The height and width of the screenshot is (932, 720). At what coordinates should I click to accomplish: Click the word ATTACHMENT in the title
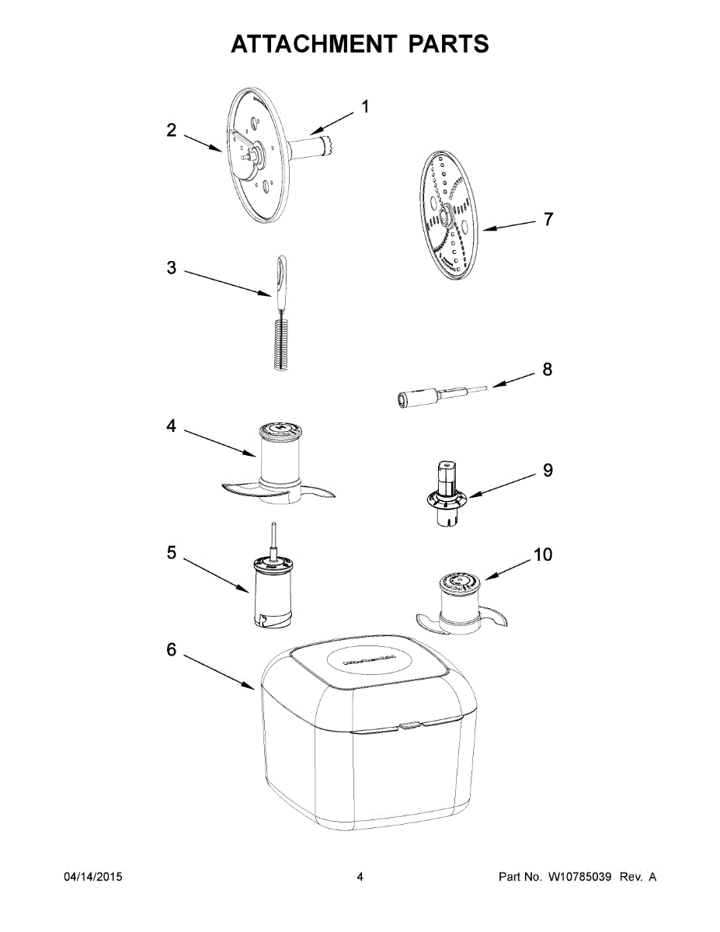[x=312, y=43]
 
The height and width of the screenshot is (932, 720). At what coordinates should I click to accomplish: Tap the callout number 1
[x=365, y=107]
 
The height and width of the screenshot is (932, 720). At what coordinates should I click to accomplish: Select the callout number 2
[x=172, y=130]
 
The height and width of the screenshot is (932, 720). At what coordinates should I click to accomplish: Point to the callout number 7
[x=548, y=219]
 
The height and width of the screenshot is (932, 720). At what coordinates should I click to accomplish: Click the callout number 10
[x=543, y=555]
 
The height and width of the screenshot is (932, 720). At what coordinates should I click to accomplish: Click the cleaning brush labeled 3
[x=281, y=313]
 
